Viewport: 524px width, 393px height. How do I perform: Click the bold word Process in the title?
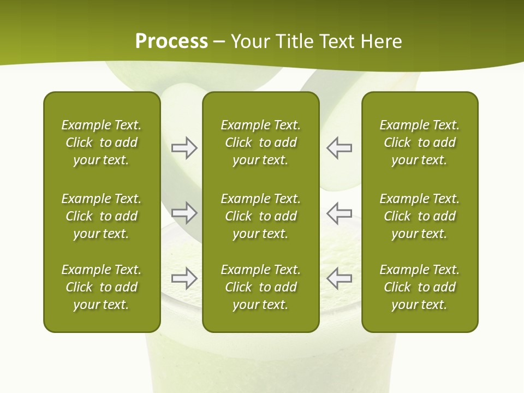click(171, 41)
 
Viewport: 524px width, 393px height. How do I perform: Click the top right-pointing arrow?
click(184, 148)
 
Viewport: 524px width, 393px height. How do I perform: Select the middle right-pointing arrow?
click(184, 213)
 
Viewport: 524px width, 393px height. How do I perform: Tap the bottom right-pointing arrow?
click(184, 278)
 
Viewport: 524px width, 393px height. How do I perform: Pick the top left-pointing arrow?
click(339, 148)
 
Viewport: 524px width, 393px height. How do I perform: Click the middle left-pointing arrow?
click(339, 213)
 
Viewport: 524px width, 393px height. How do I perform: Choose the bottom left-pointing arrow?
click(339, 278)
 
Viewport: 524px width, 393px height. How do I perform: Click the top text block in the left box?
click(102, 142)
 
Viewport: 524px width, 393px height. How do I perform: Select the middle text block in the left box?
click(102, 216)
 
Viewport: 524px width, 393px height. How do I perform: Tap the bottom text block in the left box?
click(102, 287)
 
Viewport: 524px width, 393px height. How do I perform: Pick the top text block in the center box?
click(260, 142)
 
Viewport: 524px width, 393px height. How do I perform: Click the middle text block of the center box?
click(260, 216)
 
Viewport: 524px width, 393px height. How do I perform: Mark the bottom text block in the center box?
click(260, 287)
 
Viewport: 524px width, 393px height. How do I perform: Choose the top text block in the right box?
click(420, 142)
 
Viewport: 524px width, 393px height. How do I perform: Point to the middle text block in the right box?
click(420, 216)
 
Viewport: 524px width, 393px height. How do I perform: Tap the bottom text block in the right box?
click(420, 287)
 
